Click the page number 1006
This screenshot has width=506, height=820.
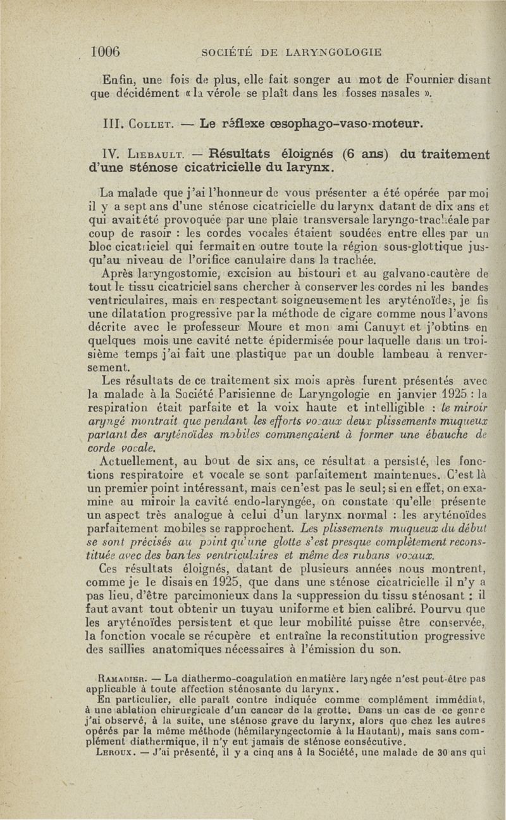pyautogui.click(x=106, y=51)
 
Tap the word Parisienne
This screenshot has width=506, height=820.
pyautogui.click(x=239, y=393)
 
